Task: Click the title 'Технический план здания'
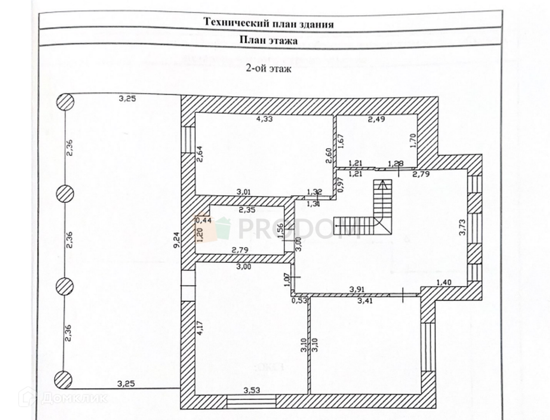(x=269, y=23)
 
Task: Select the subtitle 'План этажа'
(x=268, y=40)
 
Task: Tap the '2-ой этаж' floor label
(x=268, y=70)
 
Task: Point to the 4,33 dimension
(x=265, y=119)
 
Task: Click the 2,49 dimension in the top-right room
(x=377, y=119)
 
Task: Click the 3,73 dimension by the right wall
(x=462, y=227)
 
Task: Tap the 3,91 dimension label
(x=357, y=289)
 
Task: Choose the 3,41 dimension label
(x=364, y=300)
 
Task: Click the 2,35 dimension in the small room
(x=247, y=210)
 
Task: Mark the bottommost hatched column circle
(x=64, y=380)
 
